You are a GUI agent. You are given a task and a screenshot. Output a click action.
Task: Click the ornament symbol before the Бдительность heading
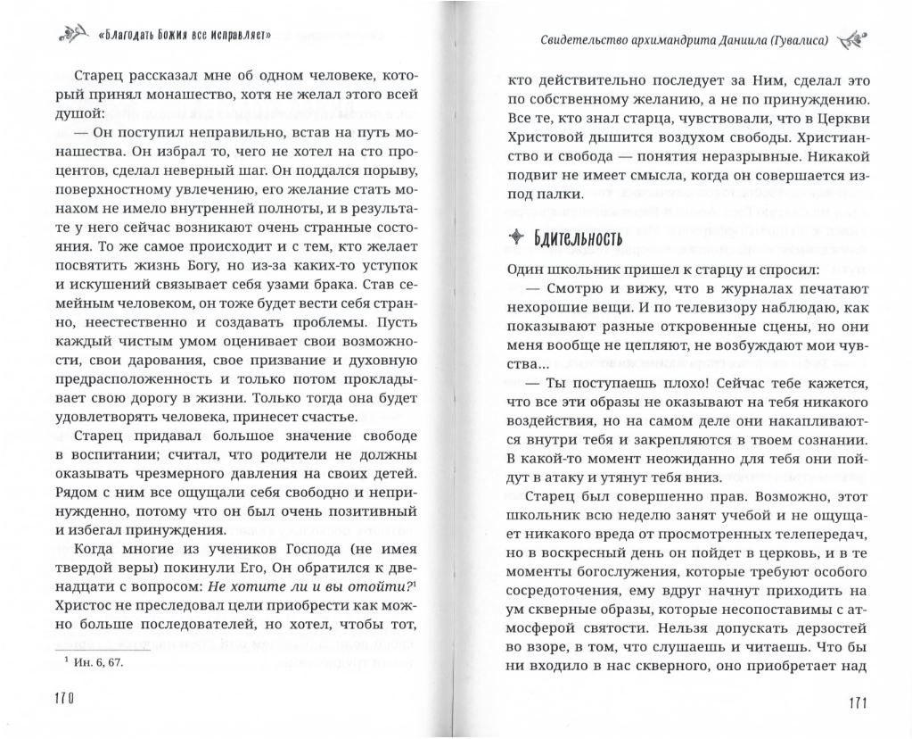pyautogui.click(x=514, y=238)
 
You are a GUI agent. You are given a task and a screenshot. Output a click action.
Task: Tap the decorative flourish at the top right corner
pyautogui.click(x=854, y=38)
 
